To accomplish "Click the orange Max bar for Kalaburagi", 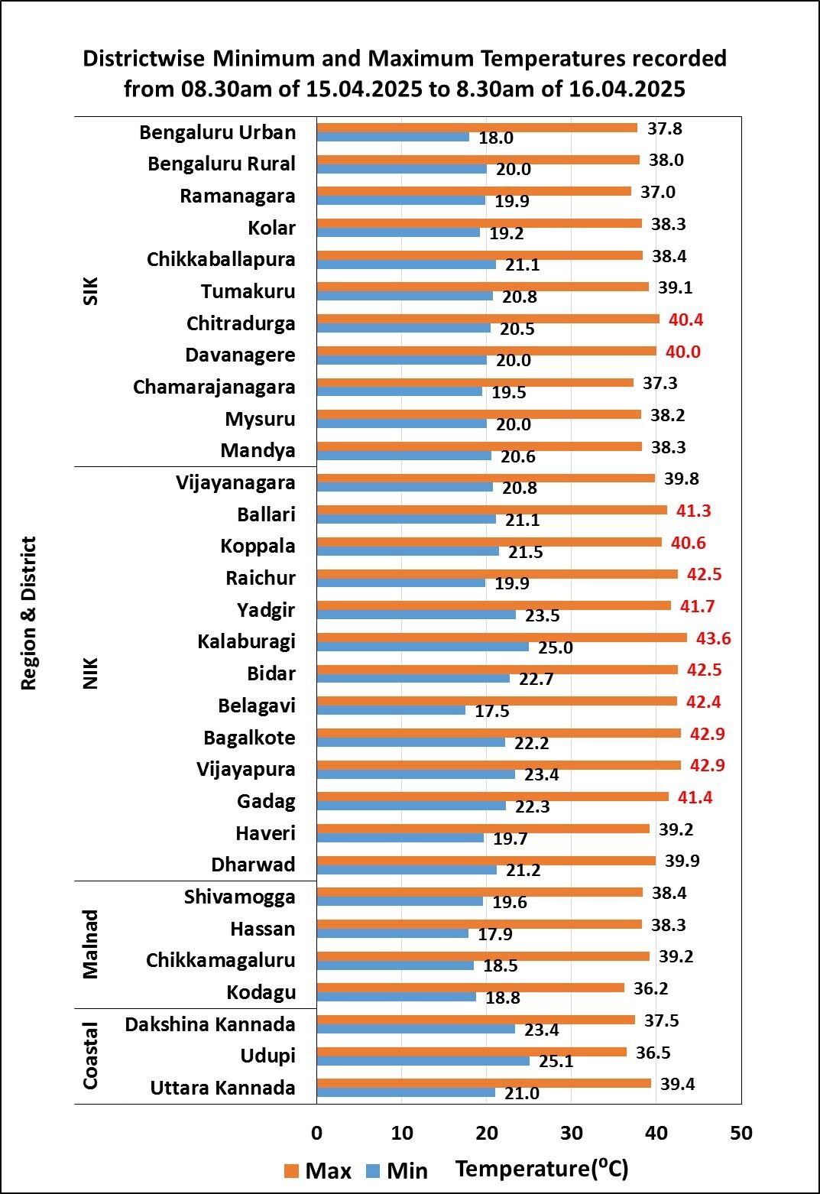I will coord(501,638).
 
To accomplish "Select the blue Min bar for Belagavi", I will coord(391,710).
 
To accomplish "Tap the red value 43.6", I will coord(710,638).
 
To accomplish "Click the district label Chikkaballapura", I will coord(221,259).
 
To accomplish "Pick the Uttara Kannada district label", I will coord(222,1088).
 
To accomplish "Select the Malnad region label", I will coord(91,944).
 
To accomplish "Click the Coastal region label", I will coord(91,1056).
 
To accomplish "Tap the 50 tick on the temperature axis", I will coord(741,1133).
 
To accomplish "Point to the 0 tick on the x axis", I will coord(316,1133).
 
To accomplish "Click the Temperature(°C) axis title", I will coord(542,1169).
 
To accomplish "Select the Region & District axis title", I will coord(28,613).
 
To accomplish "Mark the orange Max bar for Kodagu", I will coord(470,988).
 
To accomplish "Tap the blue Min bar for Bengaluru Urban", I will coord(393,137).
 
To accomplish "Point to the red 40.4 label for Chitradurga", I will coord(685,320).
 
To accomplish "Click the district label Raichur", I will coord(261,578).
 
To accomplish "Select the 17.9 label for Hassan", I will coord(495,934).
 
